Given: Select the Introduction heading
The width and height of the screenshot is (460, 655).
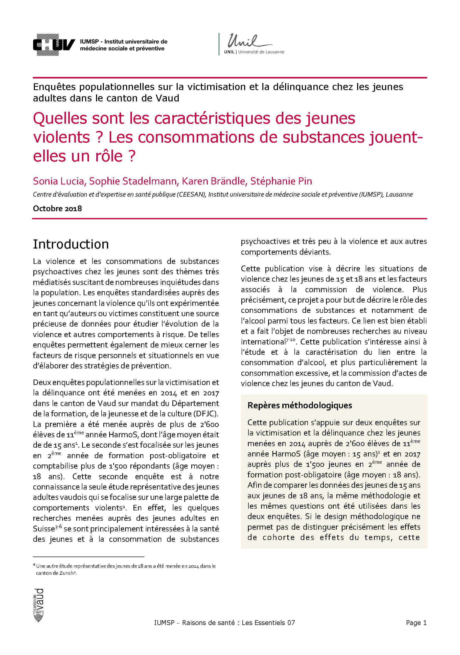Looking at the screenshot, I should (x=71, y=244).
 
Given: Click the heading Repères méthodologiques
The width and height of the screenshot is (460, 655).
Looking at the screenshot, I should (x=300, y=405).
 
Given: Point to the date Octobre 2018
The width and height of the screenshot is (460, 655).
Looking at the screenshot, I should (x=57, y=209).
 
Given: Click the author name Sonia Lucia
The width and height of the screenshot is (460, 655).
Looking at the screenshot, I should (x=59, y=181).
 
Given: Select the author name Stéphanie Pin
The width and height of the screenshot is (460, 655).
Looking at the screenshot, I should (x=281, y=181).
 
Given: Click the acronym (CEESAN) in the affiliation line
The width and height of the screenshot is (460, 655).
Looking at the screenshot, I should (x=191, y=195).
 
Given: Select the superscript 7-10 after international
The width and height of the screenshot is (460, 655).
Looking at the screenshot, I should (x=291, y=339).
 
